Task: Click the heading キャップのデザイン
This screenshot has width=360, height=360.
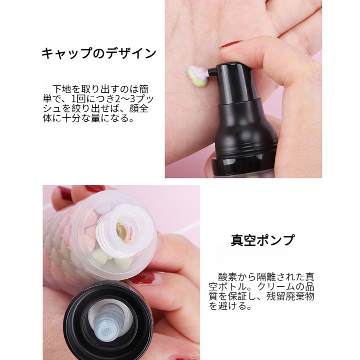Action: [x=99, y=53]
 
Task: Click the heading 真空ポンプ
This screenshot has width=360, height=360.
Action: [x=262, y=240]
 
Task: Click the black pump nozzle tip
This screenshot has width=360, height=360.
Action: [x=212, y=71]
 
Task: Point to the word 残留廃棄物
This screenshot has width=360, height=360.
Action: [x=290, y=296]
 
